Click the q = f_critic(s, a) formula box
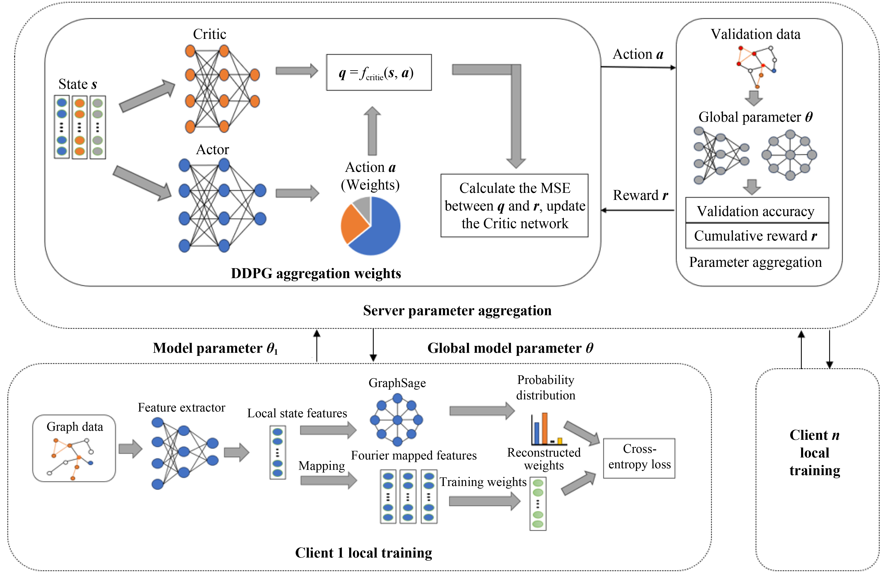379,72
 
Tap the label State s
77,84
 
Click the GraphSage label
397,383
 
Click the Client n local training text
815,452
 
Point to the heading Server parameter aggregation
457,311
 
